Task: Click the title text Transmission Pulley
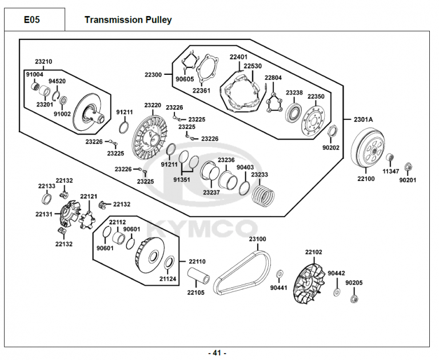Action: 128,19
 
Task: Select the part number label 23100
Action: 257,239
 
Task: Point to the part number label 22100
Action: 366,179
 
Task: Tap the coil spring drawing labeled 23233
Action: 264,193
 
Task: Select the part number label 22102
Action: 313,252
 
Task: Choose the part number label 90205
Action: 354,282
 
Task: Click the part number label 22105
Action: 195,292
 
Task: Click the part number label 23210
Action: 43,61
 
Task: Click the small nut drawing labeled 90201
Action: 408,167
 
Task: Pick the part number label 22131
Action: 44,214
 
